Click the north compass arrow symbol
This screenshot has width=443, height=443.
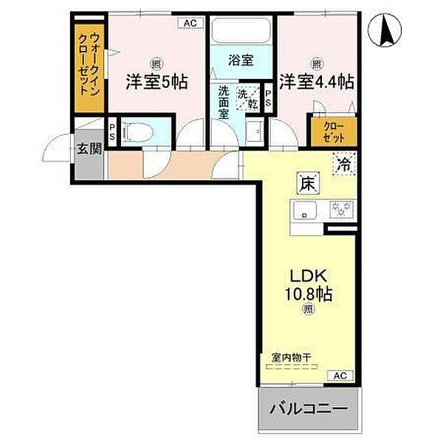pos(385,30)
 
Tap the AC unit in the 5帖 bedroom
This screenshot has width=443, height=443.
pos(190,23)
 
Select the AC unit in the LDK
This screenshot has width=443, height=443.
pos(340,376)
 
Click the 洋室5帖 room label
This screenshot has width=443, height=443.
pos(157,82)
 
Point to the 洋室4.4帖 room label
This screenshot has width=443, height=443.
pos(317,82)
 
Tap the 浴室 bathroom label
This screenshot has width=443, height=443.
pos(241,61)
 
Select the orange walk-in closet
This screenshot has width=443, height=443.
pos(89,68)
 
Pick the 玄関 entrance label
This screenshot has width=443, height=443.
pos(89,148)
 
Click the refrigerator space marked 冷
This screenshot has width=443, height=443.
pos(344,164)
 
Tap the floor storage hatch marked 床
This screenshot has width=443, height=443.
pos(308,183)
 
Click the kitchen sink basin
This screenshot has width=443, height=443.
pos(304,210)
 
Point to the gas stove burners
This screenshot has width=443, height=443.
pos(341,210)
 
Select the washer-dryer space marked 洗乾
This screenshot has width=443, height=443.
pos(248,97)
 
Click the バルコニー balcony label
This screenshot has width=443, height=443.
pos(309,408)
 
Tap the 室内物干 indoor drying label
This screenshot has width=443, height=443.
pos(292,358)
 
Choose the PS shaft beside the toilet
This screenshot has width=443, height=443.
pos(112,132)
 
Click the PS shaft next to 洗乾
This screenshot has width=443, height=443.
pos(268,97)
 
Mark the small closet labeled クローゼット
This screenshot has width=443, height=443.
pos(334,131)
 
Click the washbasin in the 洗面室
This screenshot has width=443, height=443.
pos(255,131)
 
